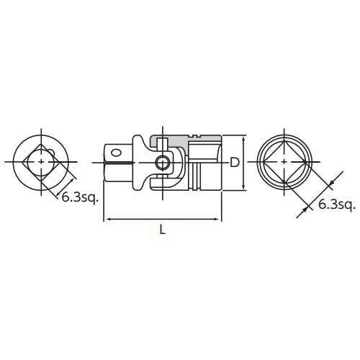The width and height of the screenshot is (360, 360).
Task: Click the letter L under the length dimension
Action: (x=163, y=230)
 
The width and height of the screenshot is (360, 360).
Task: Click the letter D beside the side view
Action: (x=235, y=163)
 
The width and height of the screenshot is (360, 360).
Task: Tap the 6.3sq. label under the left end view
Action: (x=80, y=199)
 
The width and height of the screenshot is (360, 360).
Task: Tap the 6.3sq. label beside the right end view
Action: (x=336, y=205)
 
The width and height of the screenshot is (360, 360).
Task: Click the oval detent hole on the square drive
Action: (x=116, y=153)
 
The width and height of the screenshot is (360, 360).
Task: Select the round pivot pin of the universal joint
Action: (x=162, y=163)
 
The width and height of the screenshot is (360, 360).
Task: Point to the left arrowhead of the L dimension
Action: (x=109, y=219)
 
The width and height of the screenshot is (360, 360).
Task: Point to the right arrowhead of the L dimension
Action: (x=215, y=219)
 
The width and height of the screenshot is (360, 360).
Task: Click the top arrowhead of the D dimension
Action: (x=244, y=140)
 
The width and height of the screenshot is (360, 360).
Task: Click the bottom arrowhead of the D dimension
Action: (x=244, y=186)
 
